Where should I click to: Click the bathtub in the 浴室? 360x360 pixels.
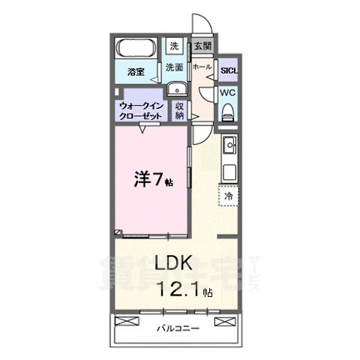point(136,49)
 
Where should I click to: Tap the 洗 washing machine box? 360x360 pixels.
point(174,46)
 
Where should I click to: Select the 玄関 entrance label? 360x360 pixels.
point(202,46)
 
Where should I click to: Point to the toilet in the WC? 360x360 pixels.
point(229,112)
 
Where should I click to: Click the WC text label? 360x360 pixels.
point(228,93)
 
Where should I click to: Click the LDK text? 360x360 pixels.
point(175,263)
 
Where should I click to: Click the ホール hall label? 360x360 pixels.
point(201,67)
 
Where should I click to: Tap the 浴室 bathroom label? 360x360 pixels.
point(135,73)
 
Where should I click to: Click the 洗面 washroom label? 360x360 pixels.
point(174,67)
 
